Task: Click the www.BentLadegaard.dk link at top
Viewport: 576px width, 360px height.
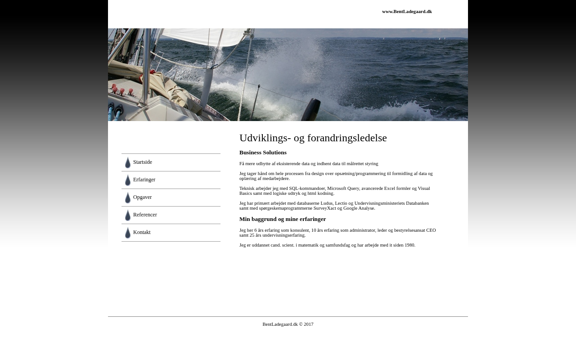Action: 407,12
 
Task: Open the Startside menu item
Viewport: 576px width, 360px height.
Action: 143,162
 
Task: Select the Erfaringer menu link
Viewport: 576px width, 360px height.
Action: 144,180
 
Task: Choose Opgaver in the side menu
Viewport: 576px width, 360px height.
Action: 142,198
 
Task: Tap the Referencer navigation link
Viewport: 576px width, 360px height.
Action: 145,215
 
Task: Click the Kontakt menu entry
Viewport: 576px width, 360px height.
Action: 142,233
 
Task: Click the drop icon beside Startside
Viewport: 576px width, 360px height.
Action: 128,162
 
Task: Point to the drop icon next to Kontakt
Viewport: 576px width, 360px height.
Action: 128,233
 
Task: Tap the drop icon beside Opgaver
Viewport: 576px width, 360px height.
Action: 128,198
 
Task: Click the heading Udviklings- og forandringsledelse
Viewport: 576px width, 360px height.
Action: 313,138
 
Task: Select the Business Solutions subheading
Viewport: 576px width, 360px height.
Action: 263,153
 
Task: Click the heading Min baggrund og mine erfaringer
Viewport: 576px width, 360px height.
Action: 283,219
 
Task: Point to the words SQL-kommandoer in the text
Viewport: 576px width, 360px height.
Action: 307,189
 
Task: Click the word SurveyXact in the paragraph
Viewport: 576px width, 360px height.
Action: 325,208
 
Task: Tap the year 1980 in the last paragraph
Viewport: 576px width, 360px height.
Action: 409,245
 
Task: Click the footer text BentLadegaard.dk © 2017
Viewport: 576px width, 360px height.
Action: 288,324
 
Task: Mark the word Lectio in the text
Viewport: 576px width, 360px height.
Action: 341,203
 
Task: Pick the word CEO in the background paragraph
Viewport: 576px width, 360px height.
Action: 431,230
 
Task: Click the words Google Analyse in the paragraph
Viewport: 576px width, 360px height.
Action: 359,208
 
